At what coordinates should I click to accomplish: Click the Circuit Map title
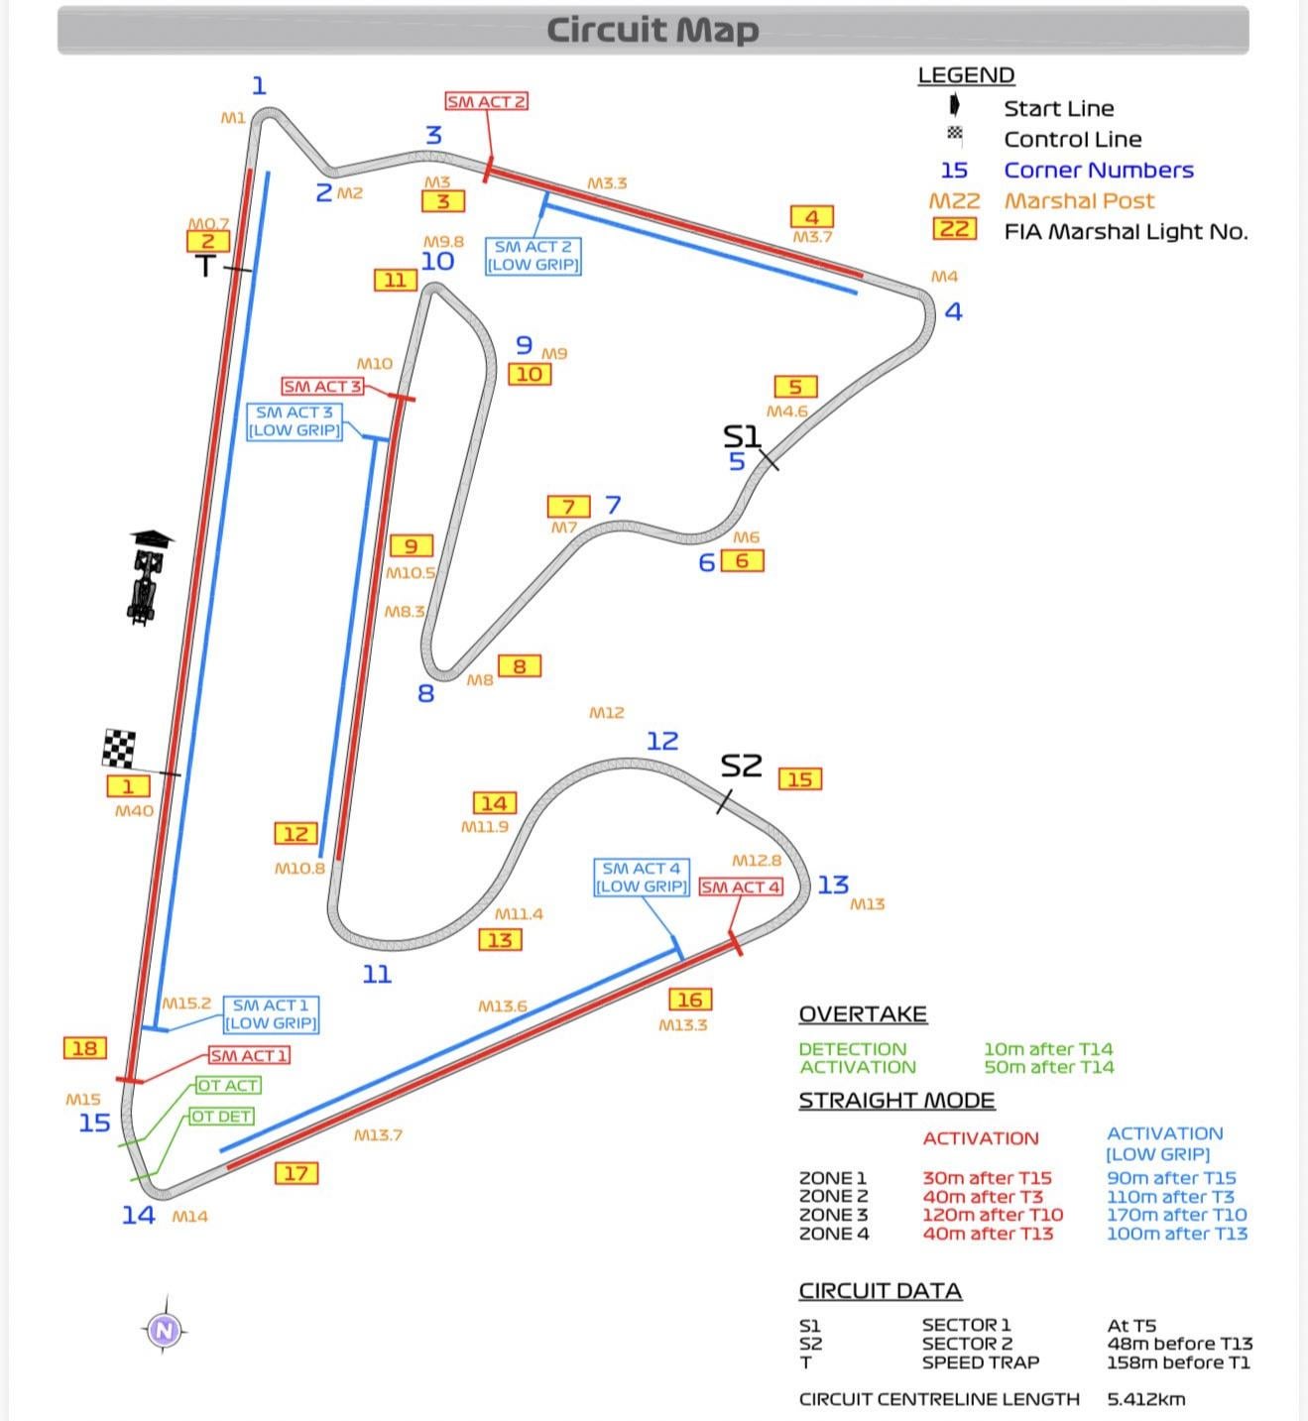pos(653,30)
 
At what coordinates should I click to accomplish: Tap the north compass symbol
pos(165,1330)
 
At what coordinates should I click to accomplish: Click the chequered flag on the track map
pos(119,749)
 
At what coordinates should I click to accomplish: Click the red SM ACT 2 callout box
pos(486,101)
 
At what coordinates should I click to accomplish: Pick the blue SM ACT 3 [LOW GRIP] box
pos(295,421)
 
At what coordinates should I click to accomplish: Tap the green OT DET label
pos(221,1117)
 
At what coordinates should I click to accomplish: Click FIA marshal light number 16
pos(690,1000)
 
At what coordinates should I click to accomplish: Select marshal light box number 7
pos(568,507)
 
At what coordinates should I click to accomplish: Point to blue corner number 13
pos(833,885)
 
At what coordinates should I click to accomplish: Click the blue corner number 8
pos(426,693)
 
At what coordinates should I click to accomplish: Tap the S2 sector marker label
pos(741,766)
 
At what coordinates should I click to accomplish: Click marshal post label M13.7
pos(378,1135)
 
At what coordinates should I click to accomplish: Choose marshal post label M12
pos(606,713)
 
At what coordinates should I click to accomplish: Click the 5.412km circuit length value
pos(1146,1399)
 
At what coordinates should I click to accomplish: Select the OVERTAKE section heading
pos(863,1014)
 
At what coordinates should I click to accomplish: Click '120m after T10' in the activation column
pos(993,1215)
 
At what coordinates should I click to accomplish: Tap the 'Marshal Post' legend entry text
pos(1079,201)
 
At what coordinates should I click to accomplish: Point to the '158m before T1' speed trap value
pos(1178,1362)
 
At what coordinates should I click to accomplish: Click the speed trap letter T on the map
pos(205,266)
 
